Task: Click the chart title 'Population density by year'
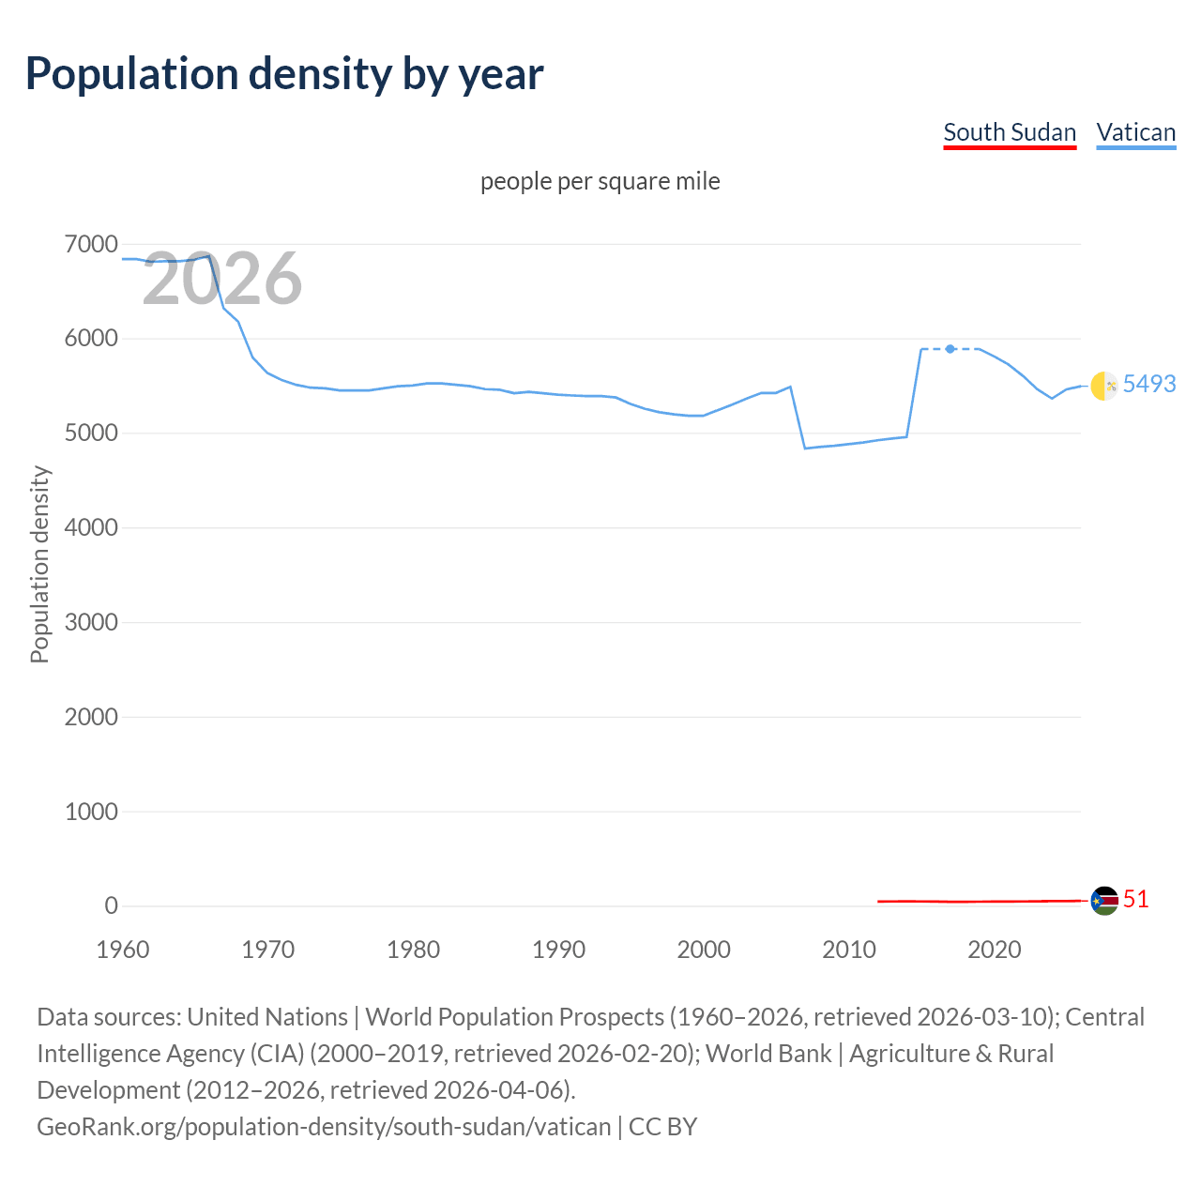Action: pos(284,74)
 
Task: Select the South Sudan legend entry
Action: pos(1009,132)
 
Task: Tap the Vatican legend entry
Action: pos(1135,132)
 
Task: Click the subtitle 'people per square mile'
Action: pos(600,181)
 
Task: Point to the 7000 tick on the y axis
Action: pos(91,244)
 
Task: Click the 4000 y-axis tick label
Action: pos(91,527)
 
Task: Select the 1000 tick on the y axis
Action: pos(91,812)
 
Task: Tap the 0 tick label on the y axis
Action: pos(111,905)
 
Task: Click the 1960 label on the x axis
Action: pos(123,950)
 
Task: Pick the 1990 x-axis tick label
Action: pos(558,950)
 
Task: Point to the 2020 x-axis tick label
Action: pos(994,950)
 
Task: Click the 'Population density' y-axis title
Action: pos(39,565)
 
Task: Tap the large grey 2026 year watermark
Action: pos(222,279)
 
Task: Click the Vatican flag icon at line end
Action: pos(1104,385)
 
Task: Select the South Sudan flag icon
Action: pos(1104,901)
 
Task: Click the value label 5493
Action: pos(1148,384)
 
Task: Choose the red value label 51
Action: pos(1135,899)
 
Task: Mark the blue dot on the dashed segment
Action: pos(950,349)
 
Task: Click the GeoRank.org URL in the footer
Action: pos(324,1126)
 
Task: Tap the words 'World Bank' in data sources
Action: pos(768,1054)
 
